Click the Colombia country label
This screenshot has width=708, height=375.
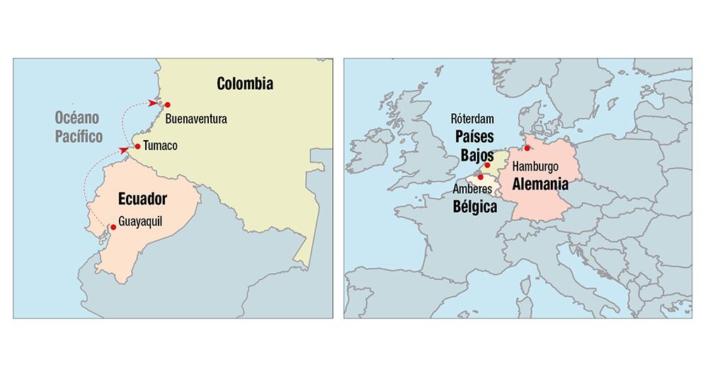[245, 84]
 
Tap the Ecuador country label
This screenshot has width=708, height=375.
[142, 197]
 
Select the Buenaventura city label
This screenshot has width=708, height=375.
[196, 119]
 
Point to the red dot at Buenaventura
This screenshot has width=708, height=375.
[167, 105]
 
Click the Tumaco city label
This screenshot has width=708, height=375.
[159, 146]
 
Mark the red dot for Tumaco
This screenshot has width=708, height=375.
[137, 147]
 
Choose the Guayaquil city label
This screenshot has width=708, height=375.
[140, 221]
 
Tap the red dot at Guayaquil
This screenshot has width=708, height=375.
[113, 227]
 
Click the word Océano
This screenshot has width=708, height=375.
[78, 118]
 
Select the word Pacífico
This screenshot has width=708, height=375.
[79, 136]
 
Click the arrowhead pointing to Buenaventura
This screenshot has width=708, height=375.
[154, 103]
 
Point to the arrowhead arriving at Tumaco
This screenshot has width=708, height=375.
[125, 150]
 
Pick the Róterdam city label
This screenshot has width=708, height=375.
[472, 120]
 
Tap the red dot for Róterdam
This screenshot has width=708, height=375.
[487, 165]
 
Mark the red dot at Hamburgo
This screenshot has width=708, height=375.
[527, 148]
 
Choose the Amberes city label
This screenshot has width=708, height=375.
[471, 190]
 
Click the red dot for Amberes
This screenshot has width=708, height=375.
[481, 177]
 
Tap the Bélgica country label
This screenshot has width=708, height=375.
[474, 207]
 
